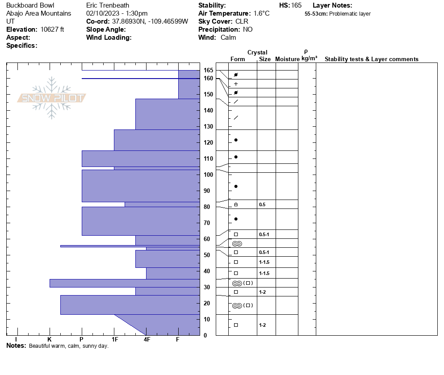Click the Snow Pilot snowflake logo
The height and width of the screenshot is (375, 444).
pos(52,98)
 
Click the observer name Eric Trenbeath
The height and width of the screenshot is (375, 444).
pos(107,5)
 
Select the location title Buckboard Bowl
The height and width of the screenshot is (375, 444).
pos(30,5)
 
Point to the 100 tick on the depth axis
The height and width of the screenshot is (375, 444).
pos(208,175)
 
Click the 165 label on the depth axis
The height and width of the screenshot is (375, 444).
pos(208,70)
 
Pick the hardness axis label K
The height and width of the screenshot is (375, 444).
pos(50,340)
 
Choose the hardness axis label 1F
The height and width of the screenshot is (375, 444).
pos(114,340)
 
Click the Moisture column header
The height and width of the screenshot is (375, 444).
pos(287,59)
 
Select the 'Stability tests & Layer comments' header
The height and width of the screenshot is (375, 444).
pos(371,59)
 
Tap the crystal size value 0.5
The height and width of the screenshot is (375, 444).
pos(262,204)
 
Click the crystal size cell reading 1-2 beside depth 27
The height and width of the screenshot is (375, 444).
pos(262,292)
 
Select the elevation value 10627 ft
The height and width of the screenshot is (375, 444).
pos(52,29)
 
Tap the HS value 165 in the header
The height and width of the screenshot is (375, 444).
pos(296,5)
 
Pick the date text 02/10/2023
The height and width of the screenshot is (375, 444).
pos(102,13)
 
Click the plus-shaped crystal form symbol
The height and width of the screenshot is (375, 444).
pos(236,84)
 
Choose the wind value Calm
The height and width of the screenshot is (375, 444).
pos(228,37)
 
